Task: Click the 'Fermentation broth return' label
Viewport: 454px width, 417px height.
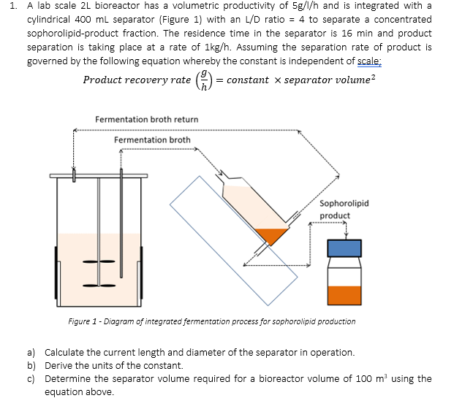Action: (x=146, y=119)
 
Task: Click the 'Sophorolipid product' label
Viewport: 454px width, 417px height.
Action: (x=344, y=209)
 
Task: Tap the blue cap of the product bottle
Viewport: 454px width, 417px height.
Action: (x=344, y=248)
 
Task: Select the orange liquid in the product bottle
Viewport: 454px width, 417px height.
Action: (x=344, y=294)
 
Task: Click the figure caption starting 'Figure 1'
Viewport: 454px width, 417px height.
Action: (x=211, y=321)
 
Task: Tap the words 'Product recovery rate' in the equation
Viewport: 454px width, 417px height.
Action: (x=137, y=80)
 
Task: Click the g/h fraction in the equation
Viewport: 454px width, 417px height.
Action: (x=207, y=80)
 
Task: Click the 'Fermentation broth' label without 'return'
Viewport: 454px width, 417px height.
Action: (x=152, y=139)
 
